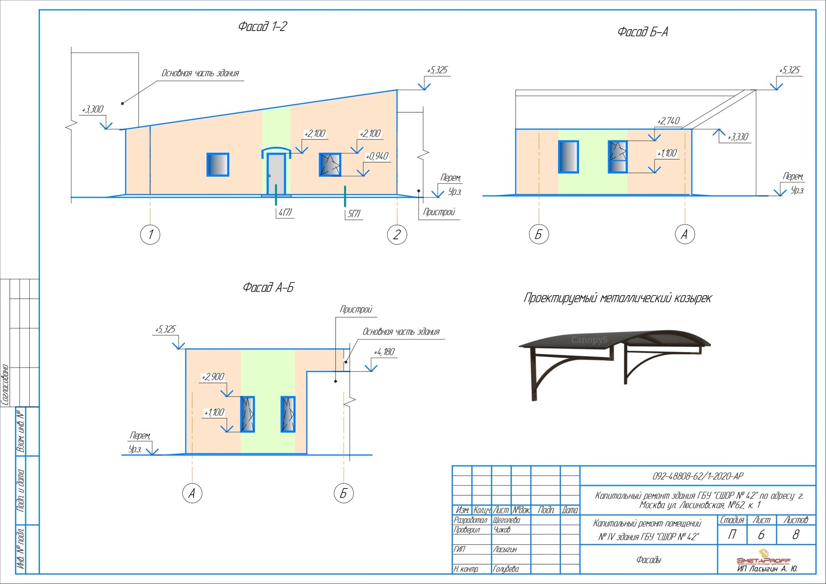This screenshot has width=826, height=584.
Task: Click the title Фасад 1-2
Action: point(262,27)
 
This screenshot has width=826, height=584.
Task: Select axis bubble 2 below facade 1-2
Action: point(397,235)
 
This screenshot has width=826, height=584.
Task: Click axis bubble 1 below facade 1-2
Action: point(150,235)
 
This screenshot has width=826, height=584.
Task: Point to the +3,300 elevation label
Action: point(93,109)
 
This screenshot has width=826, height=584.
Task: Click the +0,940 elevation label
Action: point(377,156)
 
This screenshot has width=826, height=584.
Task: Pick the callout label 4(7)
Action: point(285,212)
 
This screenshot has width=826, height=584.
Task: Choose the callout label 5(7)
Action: point(354,213)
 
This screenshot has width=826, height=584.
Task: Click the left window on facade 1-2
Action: point(218,165)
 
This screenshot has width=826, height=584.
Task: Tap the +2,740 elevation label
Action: point(668,121)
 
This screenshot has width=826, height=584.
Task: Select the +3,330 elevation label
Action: point(738,137)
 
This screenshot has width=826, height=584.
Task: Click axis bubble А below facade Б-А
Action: point(684,234)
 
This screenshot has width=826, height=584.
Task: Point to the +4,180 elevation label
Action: point(384,352)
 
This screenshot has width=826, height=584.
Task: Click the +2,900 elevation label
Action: point(213,377)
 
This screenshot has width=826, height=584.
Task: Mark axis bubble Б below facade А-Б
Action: point(343,493)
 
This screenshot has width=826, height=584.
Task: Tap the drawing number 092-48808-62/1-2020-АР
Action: point(698,476)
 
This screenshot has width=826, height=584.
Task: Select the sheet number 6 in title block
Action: point(761,535)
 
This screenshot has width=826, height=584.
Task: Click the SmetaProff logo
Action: point(763,559)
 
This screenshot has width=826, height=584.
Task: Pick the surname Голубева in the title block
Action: point(506,569)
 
